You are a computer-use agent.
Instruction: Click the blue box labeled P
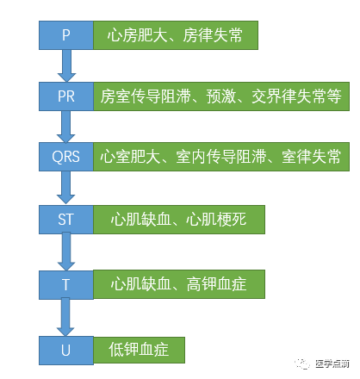(66, 35)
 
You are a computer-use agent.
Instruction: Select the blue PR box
(66, 96)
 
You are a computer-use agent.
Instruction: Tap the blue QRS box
(66, 157)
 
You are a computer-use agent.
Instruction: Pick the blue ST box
(66, 219)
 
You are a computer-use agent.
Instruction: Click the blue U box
(66, 349)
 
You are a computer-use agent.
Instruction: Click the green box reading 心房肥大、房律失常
(176, 35)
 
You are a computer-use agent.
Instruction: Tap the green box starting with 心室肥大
(219, 157)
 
